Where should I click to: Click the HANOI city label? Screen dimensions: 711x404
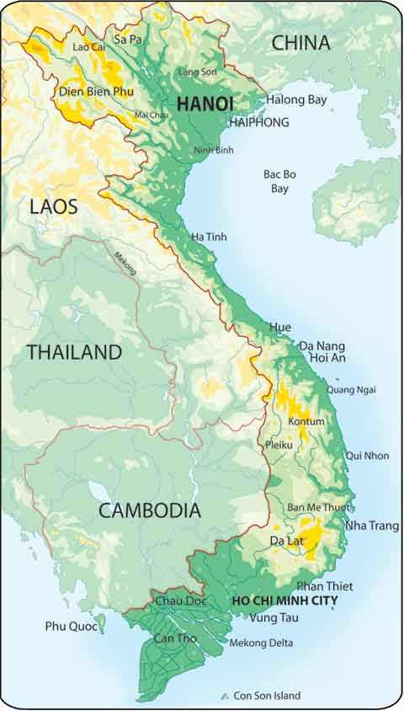pos(204,104)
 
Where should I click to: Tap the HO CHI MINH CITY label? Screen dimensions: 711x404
pos(284,601)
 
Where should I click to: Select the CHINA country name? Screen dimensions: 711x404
pos(300,43)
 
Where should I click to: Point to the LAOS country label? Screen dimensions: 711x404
pos(53,206)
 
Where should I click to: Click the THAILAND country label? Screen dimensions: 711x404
pos(75,352)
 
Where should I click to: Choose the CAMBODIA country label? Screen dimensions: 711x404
pos(150,510)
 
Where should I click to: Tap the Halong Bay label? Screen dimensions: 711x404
pos(296,99)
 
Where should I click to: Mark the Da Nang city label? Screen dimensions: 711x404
pos(322,345)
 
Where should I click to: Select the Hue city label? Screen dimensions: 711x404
pos(279,326)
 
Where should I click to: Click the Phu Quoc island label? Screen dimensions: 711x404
pos(68,626)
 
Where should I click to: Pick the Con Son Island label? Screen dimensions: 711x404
pos(267,696)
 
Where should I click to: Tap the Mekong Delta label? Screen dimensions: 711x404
pos(262,643)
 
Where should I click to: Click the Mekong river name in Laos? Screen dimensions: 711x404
pos(124,262)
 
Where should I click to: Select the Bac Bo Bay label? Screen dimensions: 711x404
pos(279,181)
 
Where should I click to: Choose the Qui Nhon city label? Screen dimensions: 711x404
pos(368,456)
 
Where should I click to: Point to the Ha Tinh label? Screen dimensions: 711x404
pos(209,237)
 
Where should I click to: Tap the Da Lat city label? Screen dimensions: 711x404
pos(287,540)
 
